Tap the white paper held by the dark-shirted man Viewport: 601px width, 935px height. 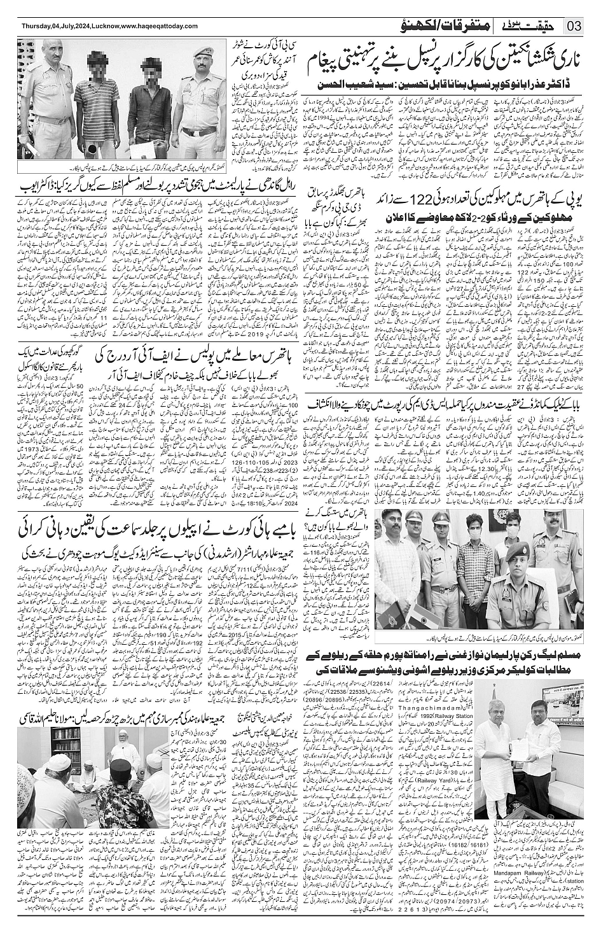[x=137, y=136]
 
